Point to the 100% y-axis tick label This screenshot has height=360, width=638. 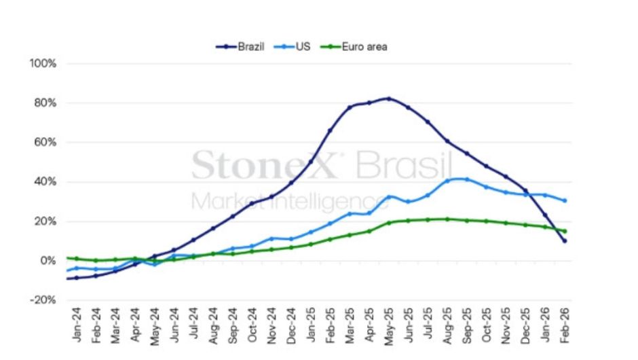(x=43, y=64)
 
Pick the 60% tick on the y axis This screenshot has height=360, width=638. (x=45, y=143)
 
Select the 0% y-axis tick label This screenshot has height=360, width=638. (x=48, y=261)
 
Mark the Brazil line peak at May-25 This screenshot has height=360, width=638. (x=388, y=98)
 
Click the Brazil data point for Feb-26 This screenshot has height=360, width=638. (x=565, y=241)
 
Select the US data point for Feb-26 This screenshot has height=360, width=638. (x=565, y=200)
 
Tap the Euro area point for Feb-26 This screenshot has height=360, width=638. (x=565, y=231)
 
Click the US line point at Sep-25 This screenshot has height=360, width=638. (x=466, y=179)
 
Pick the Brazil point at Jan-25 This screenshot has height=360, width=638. (x=311, y=161)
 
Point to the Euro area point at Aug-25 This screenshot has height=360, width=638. (x=447, y=219)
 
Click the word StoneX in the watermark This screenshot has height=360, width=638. (x=265, y=165)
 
